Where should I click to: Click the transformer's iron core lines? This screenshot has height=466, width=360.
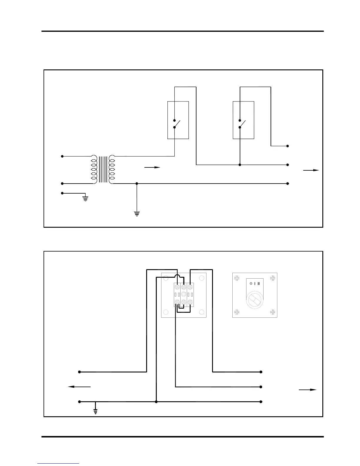(x=103, y=169)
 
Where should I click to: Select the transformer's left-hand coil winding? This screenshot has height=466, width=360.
(x=94, y=169)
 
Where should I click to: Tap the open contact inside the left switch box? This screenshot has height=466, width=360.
(x=176, y=124)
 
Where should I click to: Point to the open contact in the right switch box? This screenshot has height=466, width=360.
(x=242, y=124)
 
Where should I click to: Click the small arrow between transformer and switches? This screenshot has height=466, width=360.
(x=152, y=167)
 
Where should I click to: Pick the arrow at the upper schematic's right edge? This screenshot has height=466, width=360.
(x=311, y=170)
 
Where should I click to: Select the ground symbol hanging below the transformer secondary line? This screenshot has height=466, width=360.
(x=137, y=213)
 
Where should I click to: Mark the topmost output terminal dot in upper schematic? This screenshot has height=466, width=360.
(x=288, y=146)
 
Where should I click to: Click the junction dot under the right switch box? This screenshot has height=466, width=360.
(x=240, y=165)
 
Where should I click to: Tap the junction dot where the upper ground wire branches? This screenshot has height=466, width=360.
(x=137, y=184)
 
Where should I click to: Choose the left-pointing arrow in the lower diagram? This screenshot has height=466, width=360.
(x=79, y=387)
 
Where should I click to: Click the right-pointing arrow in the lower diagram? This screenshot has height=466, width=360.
(x=308, y=390)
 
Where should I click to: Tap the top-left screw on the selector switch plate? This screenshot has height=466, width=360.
(x=237, y=277)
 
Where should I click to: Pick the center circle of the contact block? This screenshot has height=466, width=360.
(x=184, y=294)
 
